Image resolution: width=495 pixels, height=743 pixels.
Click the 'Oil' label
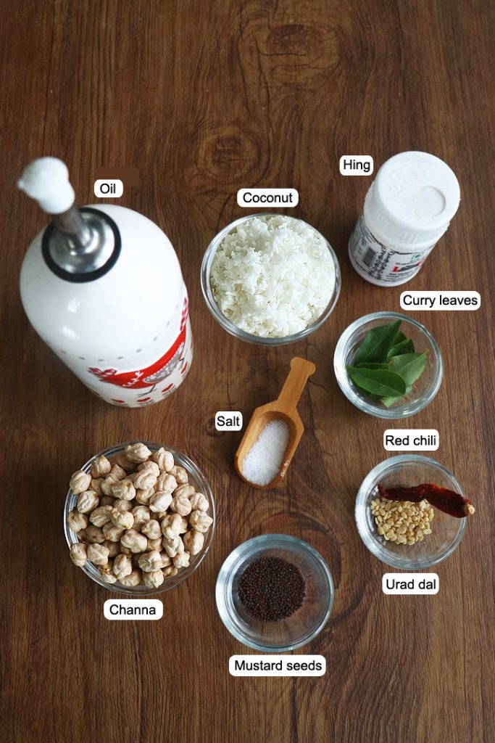coord(108,189)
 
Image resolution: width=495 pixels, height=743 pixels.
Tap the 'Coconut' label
coord(267,198)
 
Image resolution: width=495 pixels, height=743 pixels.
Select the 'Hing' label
coord(357,165)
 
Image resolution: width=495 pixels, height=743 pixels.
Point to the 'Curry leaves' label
coord(441,300)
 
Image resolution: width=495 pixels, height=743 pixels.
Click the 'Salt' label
coord(228,422)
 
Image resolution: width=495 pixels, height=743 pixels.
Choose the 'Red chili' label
coord(411,440)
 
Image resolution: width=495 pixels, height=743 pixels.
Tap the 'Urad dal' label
coord(411,583)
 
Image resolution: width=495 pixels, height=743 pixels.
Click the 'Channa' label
coord(133,609)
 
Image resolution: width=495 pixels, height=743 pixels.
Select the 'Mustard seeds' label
coord(278,665)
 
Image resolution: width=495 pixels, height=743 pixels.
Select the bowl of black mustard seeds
coord(273,588)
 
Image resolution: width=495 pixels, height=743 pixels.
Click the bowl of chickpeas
coord(138,517)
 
